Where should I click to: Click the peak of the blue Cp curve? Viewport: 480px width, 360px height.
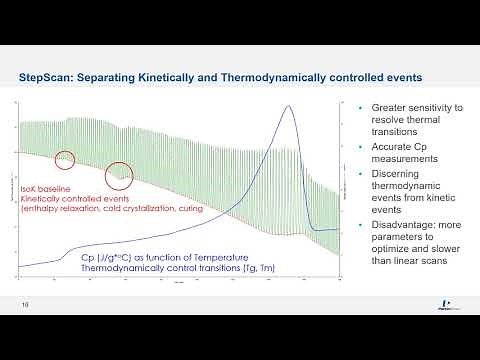click(288, 107)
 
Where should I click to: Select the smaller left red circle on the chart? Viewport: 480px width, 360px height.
click(66, 157)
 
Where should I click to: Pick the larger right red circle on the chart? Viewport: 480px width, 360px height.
click(120, 175)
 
